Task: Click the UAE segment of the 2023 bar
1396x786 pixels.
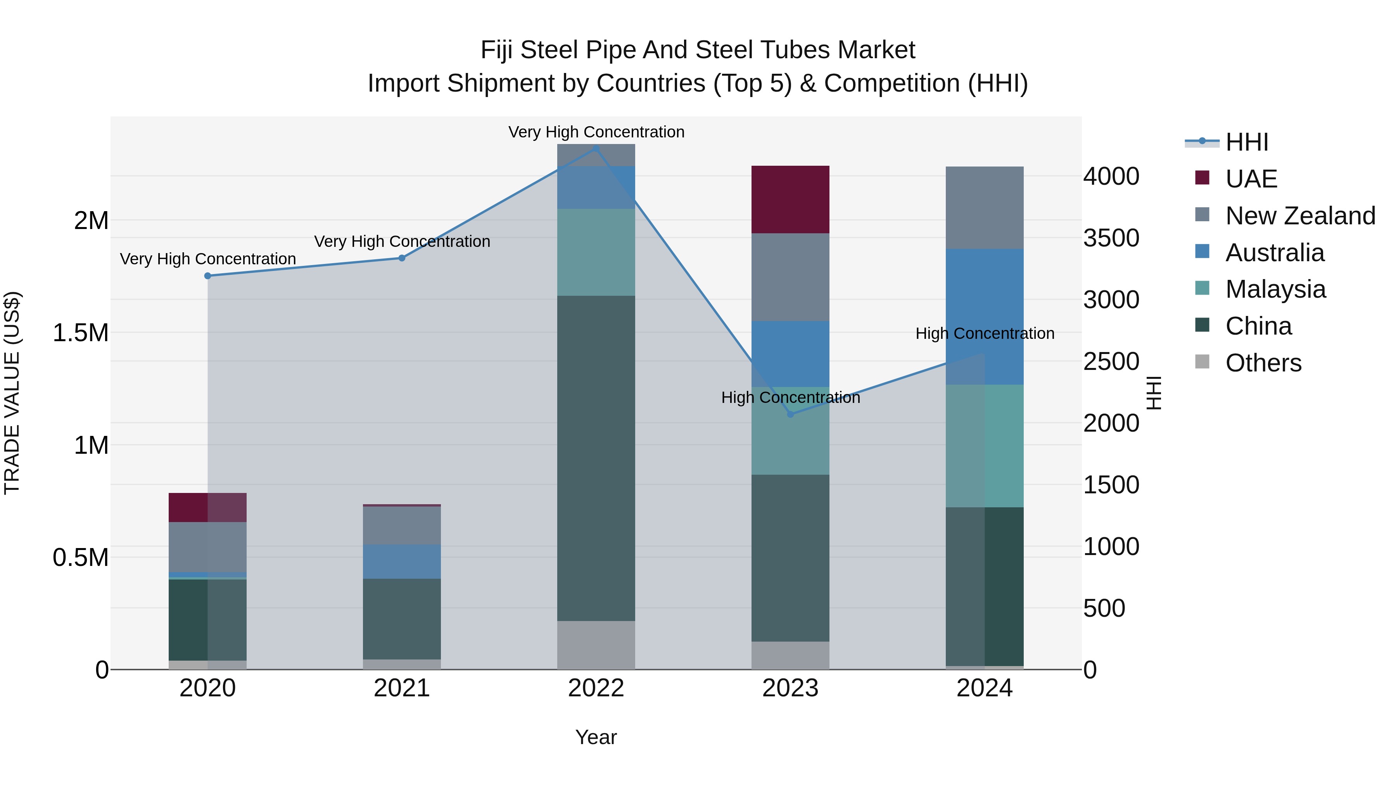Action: pos(790,199)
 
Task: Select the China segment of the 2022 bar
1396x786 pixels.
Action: pos(596,458)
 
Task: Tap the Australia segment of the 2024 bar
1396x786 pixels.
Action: pos(985,316)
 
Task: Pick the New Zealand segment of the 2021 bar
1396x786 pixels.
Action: pos(402,525)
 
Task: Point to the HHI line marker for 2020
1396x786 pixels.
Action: pos(207,276)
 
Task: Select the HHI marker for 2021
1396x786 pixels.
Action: pos(402,258)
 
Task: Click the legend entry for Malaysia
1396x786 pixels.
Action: pos(1275,289)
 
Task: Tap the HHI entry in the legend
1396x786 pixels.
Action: pos(1246,142)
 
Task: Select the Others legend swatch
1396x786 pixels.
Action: pos(1202,362)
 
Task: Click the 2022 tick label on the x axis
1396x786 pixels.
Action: pos(596,688)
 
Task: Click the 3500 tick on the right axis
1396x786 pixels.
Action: pos(1111,238)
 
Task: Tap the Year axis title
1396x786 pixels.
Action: pos(596,737)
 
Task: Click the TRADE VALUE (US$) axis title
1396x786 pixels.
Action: pos(12,393)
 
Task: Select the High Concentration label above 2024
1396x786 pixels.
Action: pos(985,333)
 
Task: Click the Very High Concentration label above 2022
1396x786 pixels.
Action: pos(596,132)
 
